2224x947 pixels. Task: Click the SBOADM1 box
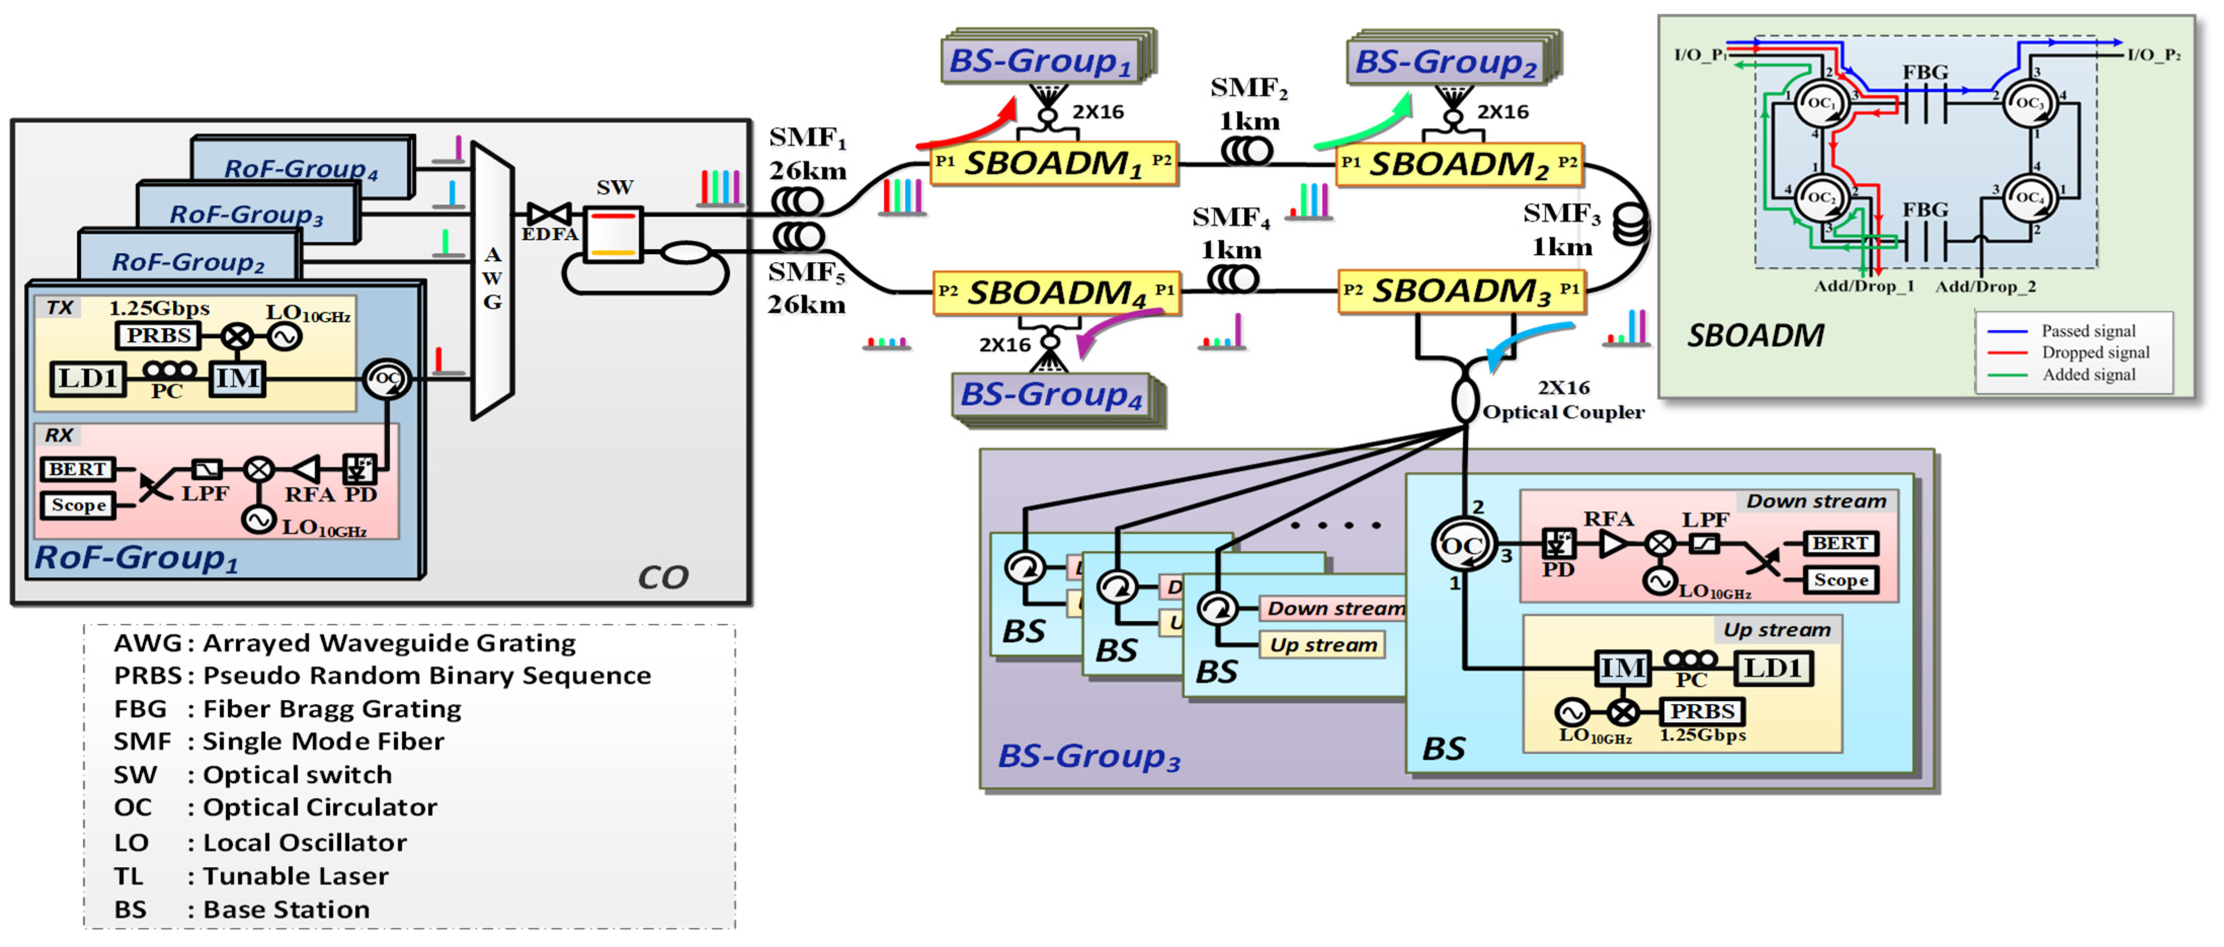point(1053,163)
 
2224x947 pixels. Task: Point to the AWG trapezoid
point(492,279)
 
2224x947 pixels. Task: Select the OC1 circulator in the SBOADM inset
point(1821,103)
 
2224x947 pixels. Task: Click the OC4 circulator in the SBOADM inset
point(2029,198)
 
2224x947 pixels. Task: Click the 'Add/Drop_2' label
point(1985,286)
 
